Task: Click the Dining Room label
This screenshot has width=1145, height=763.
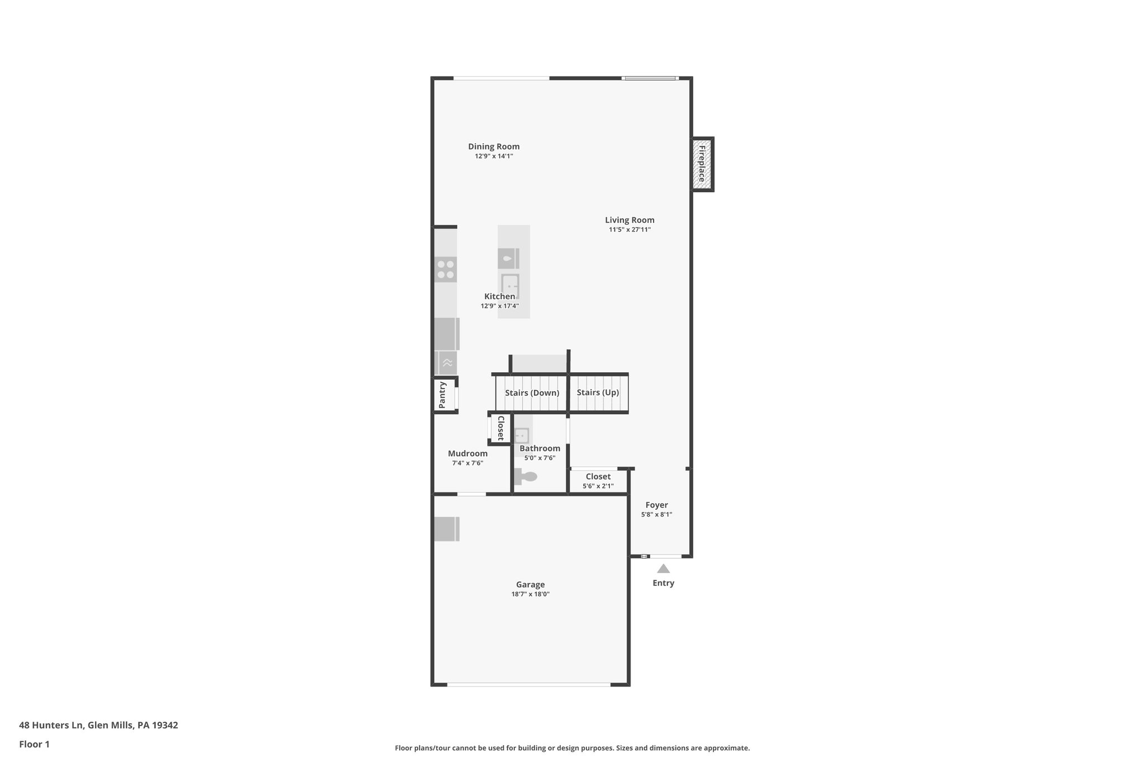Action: click(494, 147)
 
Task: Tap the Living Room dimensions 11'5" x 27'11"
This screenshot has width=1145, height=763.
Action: click(630, 230)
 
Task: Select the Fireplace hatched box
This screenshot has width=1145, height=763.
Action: click(702, 164)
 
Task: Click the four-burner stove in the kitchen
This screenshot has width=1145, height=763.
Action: click(446, 269)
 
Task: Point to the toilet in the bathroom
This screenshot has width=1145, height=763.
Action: click(526, 477)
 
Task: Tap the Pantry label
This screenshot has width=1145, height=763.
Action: click(442, 395)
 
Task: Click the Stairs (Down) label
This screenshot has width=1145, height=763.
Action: click(532, 393)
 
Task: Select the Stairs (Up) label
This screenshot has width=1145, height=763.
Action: click(598, 392)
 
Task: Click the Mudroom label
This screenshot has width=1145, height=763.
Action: click(467, 453)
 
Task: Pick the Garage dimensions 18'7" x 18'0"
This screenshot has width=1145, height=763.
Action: click(530, 594)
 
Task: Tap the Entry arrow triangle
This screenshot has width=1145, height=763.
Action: click(663, 568)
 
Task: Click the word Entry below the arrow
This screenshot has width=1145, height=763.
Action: click(663, 583)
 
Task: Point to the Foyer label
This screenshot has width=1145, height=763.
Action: click(656, 505)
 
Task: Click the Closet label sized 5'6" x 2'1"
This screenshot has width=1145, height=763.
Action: click(598, 477)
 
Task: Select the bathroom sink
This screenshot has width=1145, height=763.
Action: click(522, 435)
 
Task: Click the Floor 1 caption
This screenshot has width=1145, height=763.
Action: click(34, 744)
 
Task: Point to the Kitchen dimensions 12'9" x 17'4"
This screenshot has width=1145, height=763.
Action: click(499, 306)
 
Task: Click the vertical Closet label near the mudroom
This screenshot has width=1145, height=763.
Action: click(500, 428)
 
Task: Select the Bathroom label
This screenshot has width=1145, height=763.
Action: click(540, 448)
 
